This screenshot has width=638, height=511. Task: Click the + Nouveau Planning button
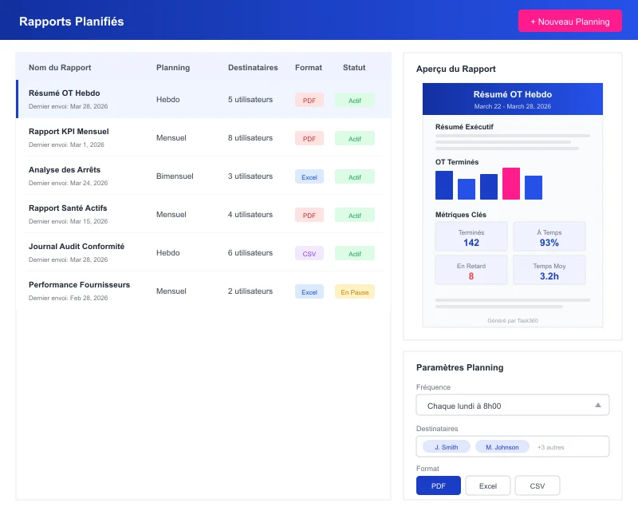pyautogui.click(x=569, y=22)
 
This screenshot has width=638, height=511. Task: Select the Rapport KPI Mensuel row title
pyautogui.click(x=69, y=132)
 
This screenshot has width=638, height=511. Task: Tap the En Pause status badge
pyautogui.click(x=355, y=292)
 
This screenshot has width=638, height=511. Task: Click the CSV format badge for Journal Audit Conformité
pyautogui.click(x=309, y=254)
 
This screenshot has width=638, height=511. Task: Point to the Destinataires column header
pyautogui.click(x=253, y=68)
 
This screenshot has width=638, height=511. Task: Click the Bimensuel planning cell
pyautogui.click(x=174, y=176)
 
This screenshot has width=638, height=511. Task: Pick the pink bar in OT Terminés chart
pyautogui.click(x=511, y=184)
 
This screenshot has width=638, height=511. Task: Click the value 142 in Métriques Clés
pyautogui.click(x=471, y=243)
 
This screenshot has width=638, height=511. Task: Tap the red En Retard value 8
pyautogui.click(x=471, y=276)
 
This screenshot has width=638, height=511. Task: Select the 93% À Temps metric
pyautogui.click(x=549, y=243)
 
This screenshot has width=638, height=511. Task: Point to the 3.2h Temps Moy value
pyautogui.click(x=549, y=276)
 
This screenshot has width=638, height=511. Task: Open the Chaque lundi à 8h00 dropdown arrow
pyautogui.click(x=597, y=406)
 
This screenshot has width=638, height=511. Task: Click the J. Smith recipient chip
pyautogui.click(x=446, y=447)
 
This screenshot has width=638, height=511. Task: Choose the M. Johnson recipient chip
pyautogui.click(x=502, y=447)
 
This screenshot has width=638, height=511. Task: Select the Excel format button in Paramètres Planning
pyautogui.click(x=487, y=485)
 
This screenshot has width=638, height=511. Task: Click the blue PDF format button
pyautogui.click(x=438, y=485)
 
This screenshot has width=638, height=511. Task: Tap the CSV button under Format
pyautogui.click(x=537, y=485)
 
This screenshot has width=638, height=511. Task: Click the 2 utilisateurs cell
pyautogui.click(x=250, y=291)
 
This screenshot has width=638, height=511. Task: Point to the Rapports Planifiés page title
pyautogui.click(x=71, y=22)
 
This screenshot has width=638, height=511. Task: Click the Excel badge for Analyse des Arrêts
pyautogui.click(x=309, y=177)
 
